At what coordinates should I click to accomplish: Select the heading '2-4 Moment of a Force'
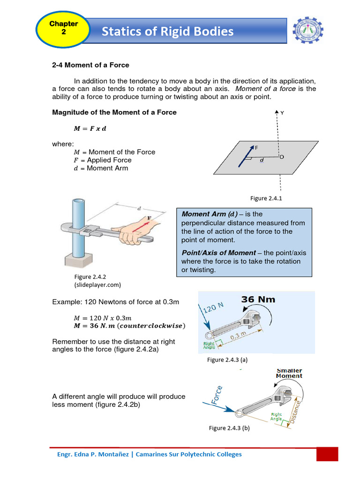click(90, 65)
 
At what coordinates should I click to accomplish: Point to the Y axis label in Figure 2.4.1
click(282, 113)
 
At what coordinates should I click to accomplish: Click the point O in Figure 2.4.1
click(281, 157)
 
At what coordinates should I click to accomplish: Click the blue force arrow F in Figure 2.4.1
click(246, 156)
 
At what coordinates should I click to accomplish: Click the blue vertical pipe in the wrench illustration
click(77, 225)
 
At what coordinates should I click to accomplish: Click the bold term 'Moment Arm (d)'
click(206, 214)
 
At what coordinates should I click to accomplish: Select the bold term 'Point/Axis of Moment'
click(218, 253)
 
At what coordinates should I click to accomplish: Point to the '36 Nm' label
click(258, 300)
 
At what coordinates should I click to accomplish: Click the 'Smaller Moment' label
click(289, 373)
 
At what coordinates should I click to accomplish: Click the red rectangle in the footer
click(327, 454)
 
